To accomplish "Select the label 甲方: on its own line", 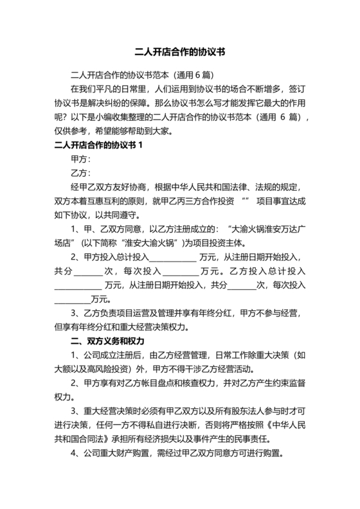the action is pos(80,158).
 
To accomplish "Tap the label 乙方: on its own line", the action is pos(80,173).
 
